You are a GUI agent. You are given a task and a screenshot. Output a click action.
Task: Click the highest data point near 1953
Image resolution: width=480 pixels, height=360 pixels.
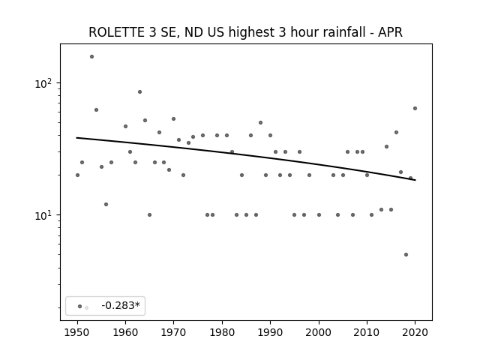coord(91,57)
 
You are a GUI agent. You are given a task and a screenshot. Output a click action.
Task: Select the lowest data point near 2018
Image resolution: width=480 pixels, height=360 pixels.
coord(406,255)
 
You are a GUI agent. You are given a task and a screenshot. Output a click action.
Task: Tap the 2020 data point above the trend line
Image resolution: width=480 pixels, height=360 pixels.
coord(415,108)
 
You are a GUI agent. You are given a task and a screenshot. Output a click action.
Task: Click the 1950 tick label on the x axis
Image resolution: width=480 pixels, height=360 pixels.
coord(77,332)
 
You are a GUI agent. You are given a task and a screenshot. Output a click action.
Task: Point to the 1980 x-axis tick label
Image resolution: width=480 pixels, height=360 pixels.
coord(222,332)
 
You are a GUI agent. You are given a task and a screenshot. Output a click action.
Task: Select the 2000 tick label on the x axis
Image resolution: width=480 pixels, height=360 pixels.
coord(319,332)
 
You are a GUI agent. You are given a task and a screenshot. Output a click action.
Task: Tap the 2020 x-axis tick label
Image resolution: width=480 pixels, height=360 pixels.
coord(415,332)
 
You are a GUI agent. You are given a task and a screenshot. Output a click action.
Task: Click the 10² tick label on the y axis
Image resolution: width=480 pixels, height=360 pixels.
coord(45,83)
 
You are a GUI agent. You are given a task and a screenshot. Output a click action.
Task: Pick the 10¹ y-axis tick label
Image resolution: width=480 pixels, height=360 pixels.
coord(45,215)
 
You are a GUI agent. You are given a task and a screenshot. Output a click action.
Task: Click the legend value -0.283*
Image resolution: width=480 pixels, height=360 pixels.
coord(121,305)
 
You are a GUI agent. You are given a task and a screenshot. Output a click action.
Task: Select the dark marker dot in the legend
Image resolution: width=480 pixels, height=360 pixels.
coord(80,306)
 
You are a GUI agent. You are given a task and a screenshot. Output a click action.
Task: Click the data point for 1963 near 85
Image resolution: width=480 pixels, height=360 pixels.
coord(140,91)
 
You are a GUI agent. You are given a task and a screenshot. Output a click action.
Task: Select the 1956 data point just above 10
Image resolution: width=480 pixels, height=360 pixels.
coord(106,205)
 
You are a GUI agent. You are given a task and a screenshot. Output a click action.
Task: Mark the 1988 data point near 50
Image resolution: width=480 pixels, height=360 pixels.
coord(260,123)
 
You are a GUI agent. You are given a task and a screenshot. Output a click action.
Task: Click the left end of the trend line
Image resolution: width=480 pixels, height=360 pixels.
coord(76,138)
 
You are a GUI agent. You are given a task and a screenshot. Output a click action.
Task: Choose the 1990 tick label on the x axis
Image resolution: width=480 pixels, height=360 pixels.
coord(270,332)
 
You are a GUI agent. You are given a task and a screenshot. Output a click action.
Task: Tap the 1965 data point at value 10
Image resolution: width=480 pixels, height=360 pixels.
coord(149,215)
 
